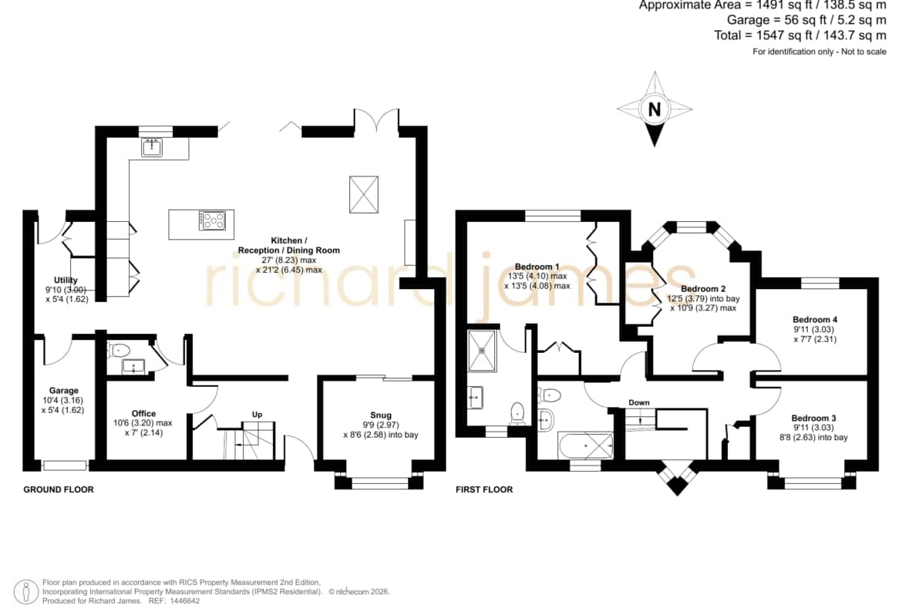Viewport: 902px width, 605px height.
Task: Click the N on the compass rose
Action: tap(654, 109)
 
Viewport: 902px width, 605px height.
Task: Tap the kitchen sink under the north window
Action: tap(153, 146)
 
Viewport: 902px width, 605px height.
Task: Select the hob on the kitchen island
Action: tap(212, 220)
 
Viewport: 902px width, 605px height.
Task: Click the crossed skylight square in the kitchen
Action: tap(364, 194)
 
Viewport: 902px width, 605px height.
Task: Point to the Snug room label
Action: tap(381, 415)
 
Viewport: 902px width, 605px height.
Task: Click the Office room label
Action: tap(144, 414)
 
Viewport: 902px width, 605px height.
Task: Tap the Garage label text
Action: tap(63, 391)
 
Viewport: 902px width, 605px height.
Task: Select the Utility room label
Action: tap(66, 280)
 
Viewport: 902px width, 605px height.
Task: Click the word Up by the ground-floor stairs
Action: tap(257, 414)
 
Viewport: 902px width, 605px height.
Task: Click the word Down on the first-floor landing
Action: tap(639, 402)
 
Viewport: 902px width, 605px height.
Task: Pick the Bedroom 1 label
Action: tap(537, 266)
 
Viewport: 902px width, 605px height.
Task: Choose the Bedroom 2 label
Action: tap(703, 289)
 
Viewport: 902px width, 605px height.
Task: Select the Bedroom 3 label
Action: tap(813, 418)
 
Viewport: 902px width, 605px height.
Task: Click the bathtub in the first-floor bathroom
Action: tap(585, 445)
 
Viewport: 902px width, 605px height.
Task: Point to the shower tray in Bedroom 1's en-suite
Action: tap(482, 350)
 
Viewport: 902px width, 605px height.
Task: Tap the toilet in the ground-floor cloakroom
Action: tap(119, 349)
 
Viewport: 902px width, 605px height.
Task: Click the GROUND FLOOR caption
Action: tap(58, 489)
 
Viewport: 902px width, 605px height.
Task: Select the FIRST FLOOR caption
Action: tap(484, 489)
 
